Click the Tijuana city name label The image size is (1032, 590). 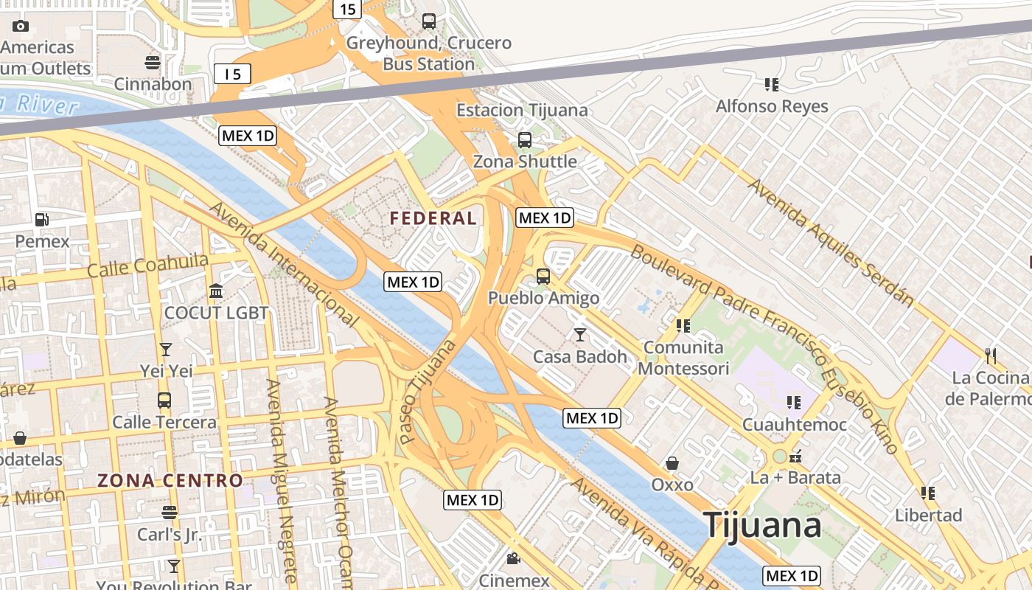[762, 525]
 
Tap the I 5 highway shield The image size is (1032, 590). [233, 74]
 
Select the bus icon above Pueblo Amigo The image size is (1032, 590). [543, 277]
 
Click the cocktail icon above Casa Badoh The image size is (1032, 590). [580, 335]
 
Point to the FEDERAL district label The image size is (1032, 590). [433, 218]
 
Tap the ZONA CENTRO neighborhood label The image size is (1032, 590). [170, 481]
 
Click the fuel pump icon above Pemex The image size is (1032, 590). [42, 219]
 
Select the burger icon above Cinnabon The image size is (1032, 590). [153, 62]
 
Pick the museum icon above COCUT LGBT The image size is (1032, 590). [216, 291]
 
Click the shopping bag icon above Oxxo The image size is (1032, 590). [672, 463]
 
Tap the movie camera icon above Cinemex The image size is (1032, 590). [513, 558]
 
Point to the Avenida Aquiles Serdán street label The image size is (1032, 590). [831, 242]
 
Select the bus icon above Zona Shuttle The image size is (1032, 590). [525, 139]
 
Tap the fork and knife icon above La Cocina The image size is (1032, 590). [990, 356]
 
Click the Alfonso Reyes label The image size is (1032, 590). [772, 106]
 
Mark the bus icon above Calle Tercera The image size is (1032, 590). [164, 400]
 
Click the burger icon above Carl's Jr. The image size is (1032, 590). [170, 512]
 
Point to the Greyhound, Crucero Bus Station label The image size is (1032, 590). [429, 53]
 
